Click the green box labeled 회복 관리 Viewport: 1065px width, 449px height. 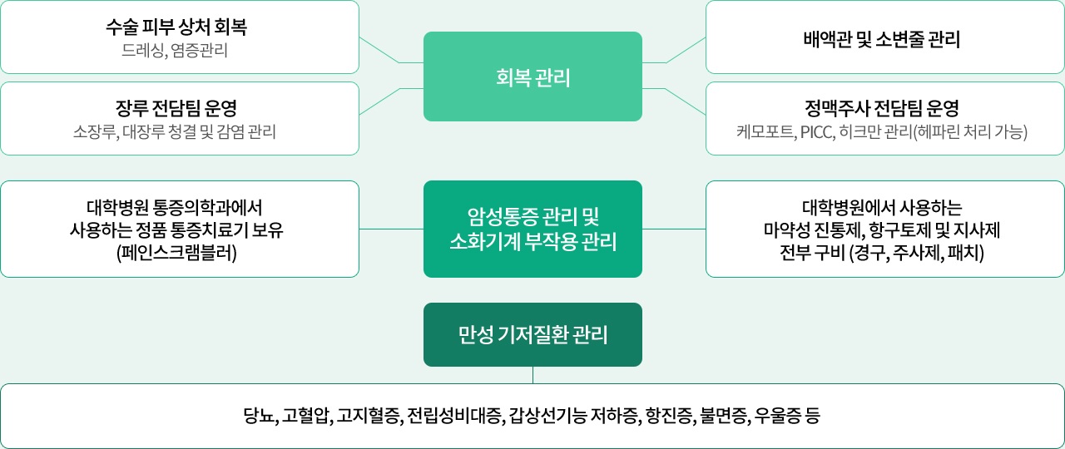(532, 76)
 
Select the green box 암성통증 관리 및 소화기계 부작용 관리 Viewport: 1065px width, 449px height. (532, 229)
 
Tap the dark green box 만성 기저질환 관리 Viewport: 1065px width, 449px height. (532, 335)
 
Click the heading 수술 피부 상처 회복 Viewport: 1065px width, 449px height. (176, 27)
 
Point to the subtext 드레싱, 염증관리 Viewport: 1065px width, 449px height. (175, 52)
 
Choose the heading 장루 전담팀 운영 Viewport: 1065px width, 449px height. (176, 107)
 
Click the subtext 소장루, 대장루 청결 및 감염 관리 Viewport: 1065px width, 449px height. (175, 131)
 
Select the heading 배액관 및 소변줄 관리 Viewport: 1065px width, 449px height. (882, 39)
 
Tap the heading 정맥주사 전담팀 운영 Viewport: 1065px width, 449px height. (882, 107)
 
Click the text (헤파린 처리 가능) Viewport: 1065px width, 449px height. (970, 131)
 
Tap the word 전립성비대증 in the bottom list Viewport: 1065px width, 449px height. (454, 416)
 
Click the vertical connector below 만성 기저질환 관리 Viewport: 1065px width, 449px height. (532, 375)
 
